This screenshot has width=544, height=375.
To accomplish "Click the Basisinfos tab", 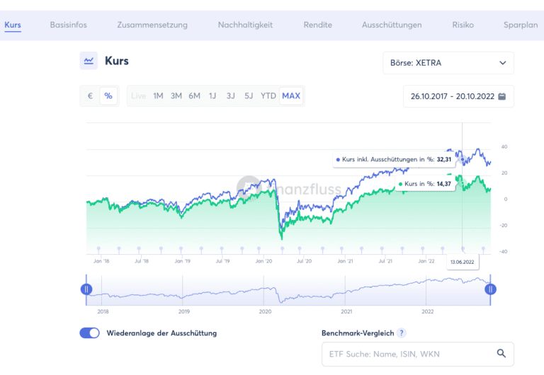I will click(69, 25).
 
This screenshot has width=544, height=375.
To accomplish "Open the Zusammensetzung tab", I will click(152, 25).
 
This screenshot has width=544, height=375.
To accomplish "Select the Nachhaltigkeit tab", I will click(245, 25).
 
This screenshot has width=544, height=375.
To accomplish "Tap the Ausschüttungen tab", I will click(392, 25).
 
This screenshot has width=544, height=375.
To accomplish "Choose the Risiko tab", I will click(463, 25).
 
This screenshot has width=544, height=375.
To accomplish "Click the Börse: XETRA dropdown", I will click(448, 63).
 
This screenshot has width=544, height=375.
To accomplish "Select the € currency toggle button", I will click(90, 96).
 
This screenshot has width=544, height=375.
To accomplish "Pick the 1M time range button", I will click(158, 96).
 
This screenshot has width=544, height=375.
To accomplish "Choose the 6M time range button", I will click(194, 96).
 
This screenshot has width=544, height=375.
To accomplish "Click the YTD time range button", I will click(268, 96).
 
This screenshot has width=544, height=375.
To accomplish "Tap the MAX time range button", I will click(291, 96).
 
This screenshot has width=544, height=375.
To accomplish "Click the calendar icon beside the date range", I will click(502, 97).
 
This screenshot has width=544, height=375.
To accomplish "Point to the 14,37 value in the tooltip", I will click(443, 184).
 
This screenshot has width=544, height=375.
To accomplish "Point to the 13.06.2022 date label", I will click(463, 261).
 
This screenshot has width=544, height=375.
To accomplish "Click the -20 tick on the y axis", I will click(505, 226).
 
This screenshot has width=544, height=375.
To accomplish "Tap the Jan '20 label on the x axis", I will click(264, 261).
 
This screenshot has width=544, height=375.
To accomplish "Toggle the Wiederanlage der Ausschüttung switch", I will click(90, 333).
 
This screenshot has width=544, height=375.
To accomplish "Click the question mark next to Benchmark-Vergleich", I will click(402, 333).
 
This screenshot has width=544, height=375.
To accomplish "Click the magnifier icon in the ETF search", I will click(501, 354).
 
